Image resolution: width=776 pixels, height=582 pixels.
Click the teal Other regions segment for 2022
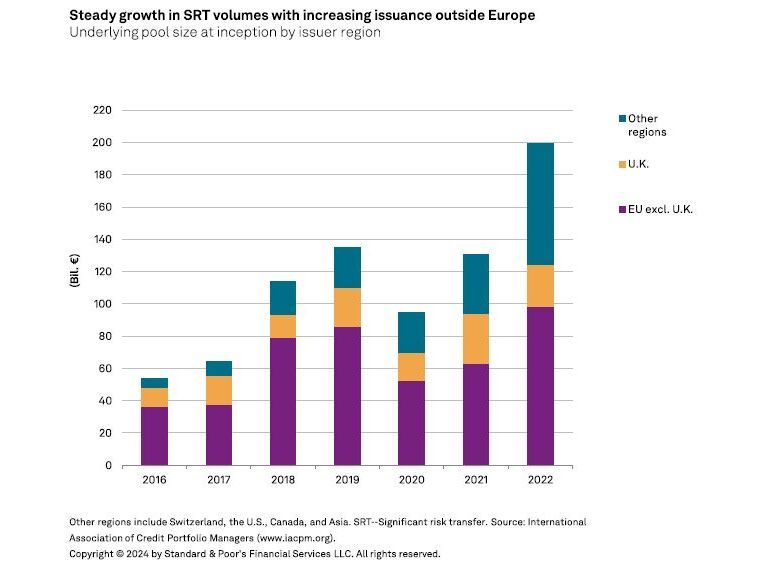(539, 204)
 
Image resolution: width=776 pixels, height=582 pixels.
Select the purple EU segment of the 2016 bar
(154, 436)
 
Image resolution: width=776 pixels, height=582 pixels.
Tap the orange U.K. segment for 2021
(475, 339)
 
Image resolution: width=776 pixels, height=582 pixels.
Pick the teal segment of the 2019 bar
(347, 267)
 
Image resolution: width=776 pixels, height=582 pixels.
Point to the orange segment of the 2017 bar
(218, 390)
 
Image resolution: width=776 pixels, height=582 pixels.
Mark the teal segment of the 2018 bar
(283, 298)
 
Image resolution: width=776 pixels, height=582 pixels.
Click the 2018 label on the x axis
(283, 481)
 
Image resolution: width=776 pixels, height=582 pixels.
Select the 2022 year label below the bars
(539, 481)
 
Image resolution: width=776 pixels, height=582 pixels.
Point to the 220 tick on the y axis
(102, 110)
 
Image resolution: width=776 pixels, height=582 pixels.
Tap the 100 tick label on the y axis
(102, 304)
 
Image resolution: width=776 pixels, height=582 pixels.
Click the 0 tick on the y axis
(108, 465)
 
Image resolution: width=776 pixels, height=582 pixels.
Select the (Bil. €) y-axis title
(75, 288)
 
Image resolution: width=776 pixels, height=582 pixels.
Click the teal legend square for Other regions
(621, 119)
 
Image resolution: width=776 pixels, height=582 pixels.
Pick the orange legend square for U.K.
(621, 163)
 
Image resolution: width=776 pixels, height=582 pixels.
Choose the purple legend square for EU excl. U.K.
(621, 208)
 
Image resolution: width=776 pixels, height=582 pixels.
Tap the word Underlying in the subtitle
(99, 32)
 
